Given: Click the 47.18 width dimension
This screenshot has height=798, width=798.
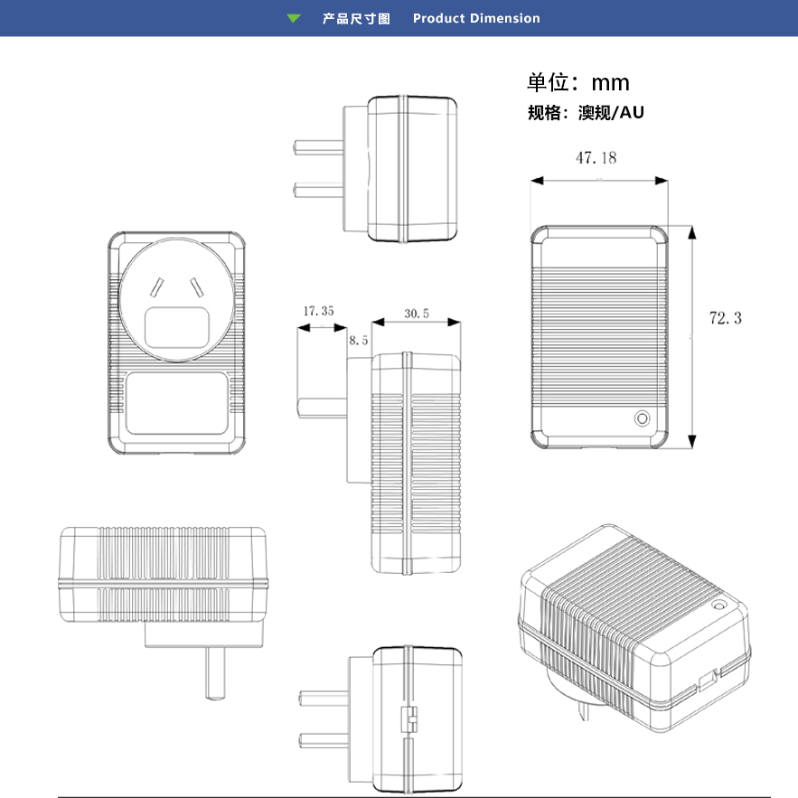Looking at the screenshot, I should tap(596, 158).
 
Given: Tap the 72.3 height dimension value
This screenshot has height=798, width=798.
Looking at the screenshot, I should tap(725, 318).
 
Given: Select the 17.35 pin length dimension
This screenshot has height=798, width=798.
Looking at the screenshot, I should tap(318, 311).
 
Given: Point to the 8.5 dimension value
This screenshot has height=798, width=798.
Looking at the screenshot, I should tap(359, 341).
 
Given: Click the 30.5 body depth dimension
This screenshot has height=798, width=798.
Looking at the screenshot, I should tap(417, 314).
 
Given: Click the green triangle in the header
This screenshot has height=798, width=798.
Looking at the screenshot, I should tap(293, 18).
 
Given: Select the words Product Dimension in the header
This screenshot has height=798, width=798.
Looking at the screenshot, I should tap(476, 18).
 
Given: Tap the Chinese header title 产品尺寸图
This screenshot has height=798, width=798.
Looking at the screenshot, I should tap(356, 18).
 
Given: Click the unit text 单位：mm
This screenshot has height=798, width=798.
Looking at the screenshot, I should tap(578, 83).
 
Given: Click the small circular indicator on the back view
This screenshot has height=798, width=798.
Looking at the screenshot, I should tap(643, 418).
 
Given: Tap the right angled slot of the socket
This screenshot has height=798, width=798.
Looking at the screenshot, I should tap(195, 288).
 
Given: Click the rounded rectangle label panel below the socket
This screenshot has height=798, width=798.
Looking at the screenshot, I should tap(175, 404).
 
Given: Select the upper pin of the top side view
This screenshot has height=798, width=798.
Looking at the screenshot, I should tap(318, 146).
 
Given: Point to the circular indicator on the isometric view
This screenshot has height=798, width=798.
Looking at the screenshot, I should tap(720, 606).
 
